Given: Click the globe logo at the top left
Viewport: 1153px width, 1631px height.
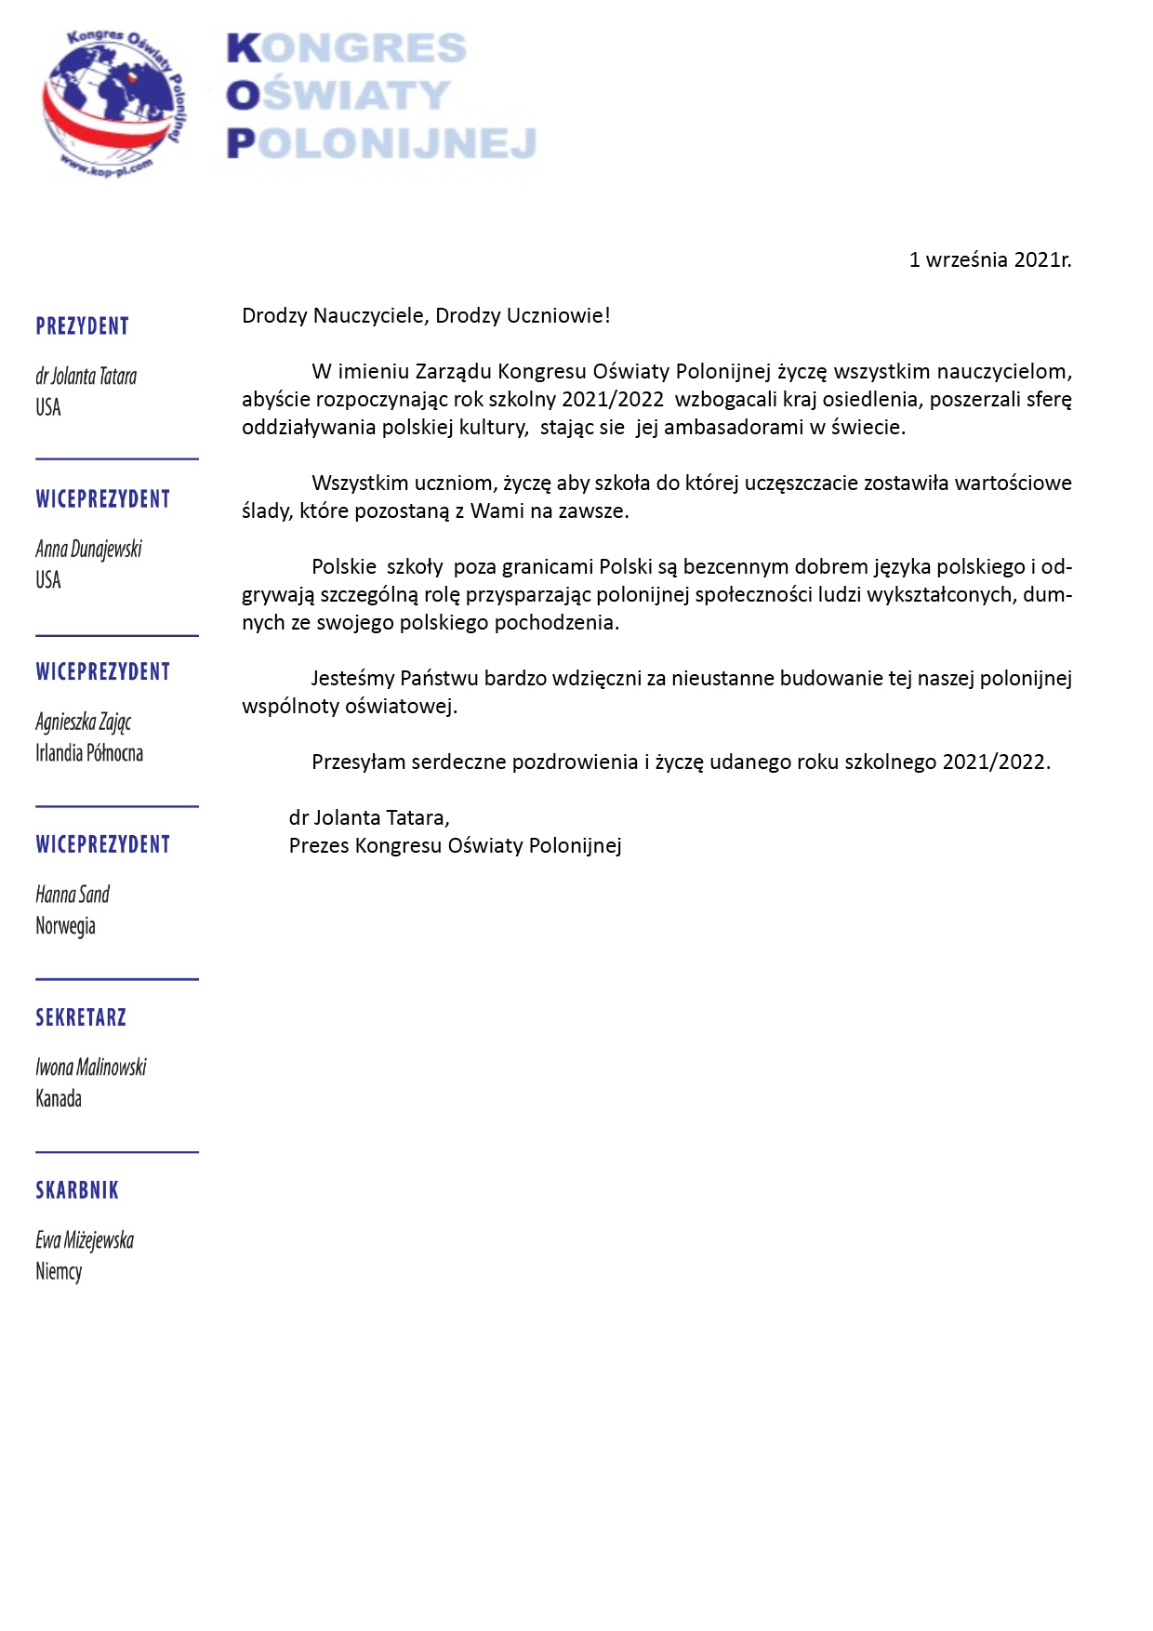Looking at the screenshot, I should (113, 101).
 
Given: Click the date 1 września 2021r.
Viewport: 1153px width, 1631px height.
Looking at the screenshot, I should (989, 260).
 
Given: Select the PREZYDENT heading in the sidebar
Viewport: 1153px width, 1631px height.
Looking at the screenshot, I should (82, 326).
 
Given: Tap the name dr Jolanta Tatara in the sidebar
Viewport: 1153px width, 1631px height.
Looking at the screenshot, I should (86, 377).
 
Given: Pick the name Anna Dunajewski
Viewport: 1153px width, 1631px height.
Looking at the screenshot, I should (88, 550).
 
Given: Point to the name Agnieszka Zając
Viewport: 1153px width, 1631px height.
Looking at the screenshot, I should (83, 723).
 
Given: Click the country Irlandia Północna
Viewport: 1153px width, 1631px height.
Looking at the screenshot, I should (89, 753).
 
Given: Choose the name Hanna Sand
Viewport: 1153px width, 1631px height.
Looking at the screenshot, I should (73, 895).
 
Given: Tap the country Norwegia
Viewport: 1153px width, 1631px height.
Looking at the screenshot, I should (65, 926).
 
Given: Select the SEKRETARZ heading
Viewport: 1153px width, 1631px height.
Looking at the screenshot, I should (81, 1017).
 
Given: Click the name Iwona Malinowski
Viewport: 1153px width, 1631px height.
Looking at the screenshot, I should (91, 1067).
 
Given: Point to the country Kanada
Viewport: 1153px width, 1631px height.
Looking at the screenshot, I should (59, 1099).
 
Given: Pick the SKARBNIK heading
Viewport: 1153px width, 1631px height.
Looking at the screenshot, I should (77, 1190).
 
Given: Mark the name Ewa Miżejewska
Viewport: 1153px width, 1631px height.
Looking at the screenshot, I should (85, 1240).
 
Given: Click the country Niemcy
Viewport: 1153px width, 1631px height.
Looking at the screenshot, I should (59, 1272).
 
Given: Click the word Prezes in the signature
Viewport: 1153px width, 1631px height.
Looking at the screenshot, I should (319, 846).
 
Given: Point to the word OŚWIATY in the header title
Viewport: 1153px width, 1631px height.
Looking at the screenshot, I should (338, 96).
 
